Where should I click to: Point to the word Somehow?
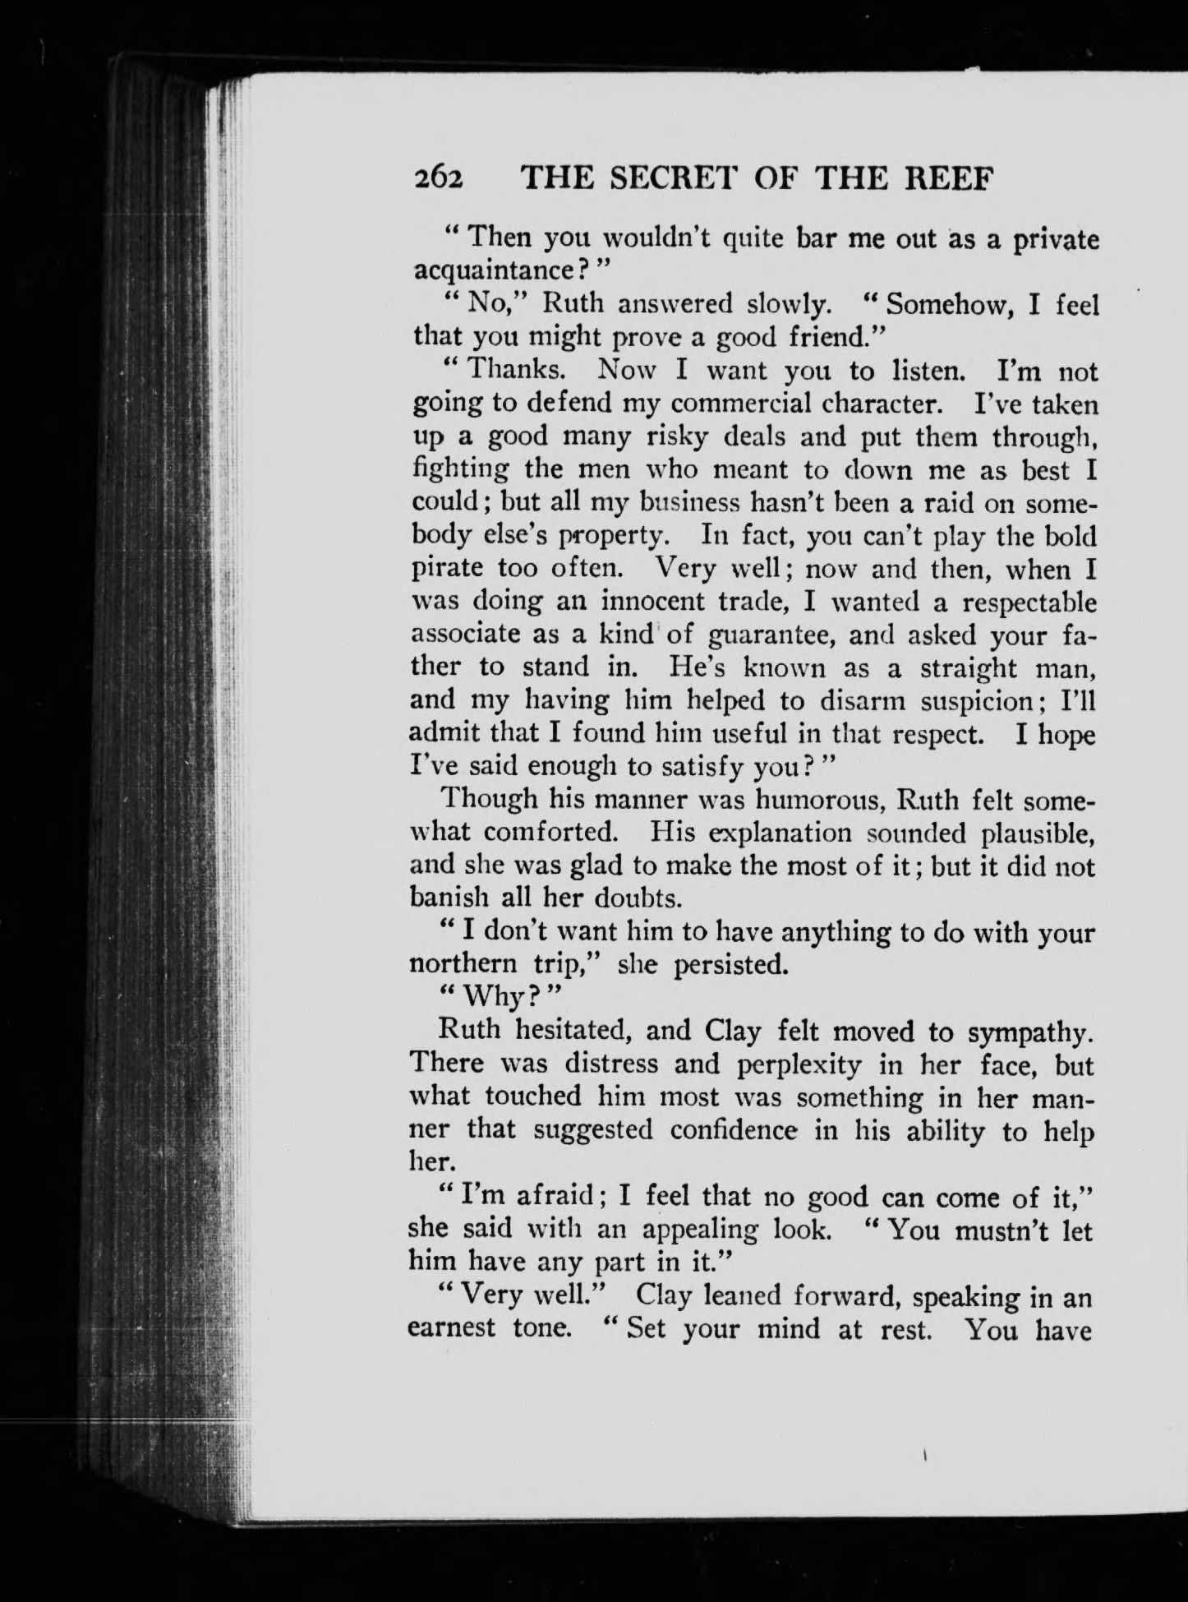coord(942,304)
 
